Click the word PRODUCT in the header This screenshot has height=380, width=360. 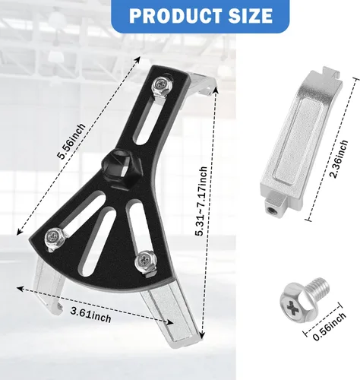coord(174,15)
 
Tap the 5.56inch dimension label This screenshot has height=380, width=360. coord(71,141)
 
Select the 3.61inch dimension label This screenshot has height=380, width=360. coord(90,315)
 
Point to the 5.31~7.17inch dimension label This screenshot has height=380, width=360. coord(201,201)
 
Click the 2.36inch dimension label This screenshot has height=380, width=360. coord(339,159)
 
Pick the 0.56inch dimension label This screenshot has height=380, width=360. coord(329,327)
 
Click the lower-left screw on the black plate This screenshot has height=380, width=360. coord(55,238)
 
